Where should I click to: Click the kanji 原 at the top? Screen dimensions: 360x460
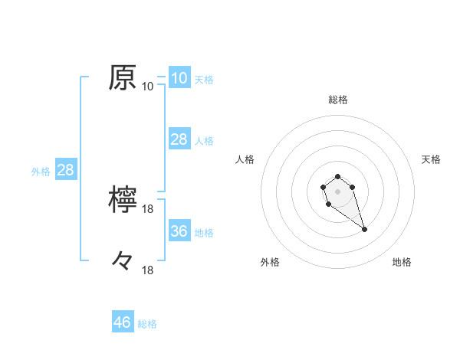pyautogui.click(x=123, y=77)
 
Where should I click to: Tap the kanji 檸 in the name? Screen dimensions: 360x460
pyautogui.click(x=123, y=199)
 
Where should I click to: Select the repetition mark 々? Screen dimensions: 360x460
pyautogui.click(x=123, y=260)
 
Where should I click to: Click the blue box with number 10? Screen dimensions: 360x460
pyautogui.click(x=179, y=78)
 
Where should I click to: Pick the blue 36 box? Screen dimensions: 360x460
pyautogui.click(x=179, y=231)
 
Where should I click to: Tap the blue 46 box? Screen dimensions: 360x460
pyautogui.click(x=123, y=322)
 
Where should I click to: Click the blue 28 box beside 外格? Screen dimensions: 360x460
pyautogui.click(x=65, y=170)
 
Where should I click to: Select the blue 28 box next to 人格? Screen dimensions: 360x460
pyautogui.click(x=179, y=139)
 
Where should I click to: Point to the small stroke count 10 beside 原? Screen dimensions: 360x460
pyautogui.click(x=148, y=87)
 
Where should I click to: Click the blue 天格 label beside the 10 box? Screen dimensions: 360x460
pyautogui.click(x=204, y=80)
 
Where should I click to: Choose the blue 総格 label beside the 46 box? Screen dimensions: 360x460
pyautogui.click(x=147, y=324)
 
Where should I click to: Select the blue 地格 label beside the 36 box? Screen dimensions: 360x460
pyautogui.click(x=204, y=233)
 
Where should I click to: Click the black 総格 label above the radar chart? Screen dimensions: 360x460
pyautogui.click(x=337, y=100)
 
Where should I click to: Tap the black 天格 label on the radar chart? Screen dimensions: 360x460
pyautogui.click(x=431, y=159)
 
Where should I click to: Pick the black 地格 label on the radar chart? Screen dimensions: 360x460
pyautogui.click(x=402, y=262)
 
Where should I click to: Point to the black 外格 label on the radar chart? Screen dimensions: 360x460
pyautogui.click(x=270, y=262)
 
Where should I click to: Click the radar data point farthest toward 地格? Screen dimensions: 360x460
pyautogui.click(x=364, y=229)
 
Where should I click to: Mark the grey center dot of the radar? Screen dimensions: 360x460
pyautogui.click(x=337, y=191)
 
